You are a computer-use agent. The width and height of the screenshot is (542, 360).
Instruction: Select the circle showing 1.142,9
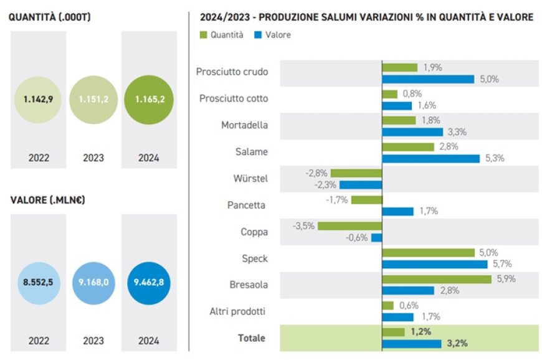point(38,100)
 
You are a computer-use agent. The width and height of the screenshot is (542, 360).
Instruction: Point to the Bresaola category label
point(249,285)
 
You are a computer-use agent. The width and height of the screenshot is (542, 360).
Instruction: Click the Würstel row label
point(252,179)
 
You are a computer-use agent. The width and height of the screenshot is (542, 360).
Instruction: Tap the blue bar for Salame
point(431,158)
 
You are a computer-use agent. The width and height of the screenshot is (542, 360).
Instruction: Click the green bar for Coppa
point(349,225)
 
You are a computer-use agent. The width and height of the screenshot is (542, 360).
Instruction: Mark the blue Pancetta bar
point(397,211)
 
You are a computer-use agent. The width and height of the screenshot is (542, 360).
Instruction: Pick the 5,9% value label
point(507,279)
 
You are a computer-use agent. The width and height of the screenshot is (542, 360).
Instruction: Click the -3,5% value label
point(303,225)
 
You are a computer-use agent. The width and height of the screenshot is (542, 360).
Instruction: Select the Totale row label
point(252,338)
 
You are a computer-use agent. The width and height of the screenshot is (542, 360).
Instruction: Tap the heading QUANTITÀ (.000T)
point(49,17)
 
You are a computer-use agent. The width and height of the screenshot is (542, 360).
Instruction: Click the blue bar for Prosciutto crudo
point(429,78)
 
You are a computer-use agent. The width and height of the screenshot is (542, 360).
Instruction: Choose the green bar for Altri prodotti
point(387,306)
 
